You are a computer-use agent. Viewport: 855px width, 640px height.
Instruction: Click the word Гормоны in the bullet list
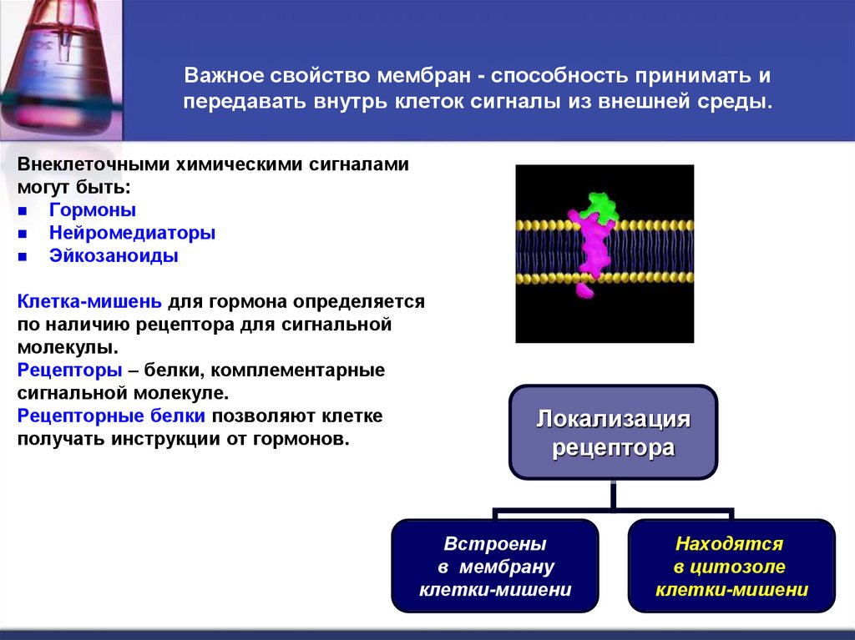(x=92, y=210)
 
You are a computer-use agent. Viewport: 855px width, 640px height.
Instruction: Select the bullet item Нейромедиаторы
(x=132, y=233)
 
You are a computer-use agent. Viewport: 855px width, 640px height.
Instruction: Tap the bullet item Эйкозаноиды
(x=113, y=256)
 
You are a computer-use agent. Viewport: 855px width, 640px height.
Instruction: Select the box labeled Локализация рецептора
(x=613, y=432)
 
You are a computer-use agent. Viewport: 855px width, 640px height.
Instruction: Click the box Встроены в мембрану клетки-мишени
(x=494, y=567)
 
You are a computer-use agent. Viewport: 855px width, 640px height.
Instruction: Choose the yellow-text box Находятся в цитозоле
(x=731, y=567)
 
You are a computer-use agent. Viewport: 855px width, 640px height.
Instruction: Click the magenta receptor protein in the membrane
(x=594, y=250)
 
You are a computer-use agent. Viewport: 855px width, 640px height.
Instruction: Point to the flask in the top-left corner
(x=54, y=67)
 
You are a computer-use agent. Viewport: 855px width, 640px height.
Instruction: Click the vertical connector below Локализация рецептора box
(x=613, y=494)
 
